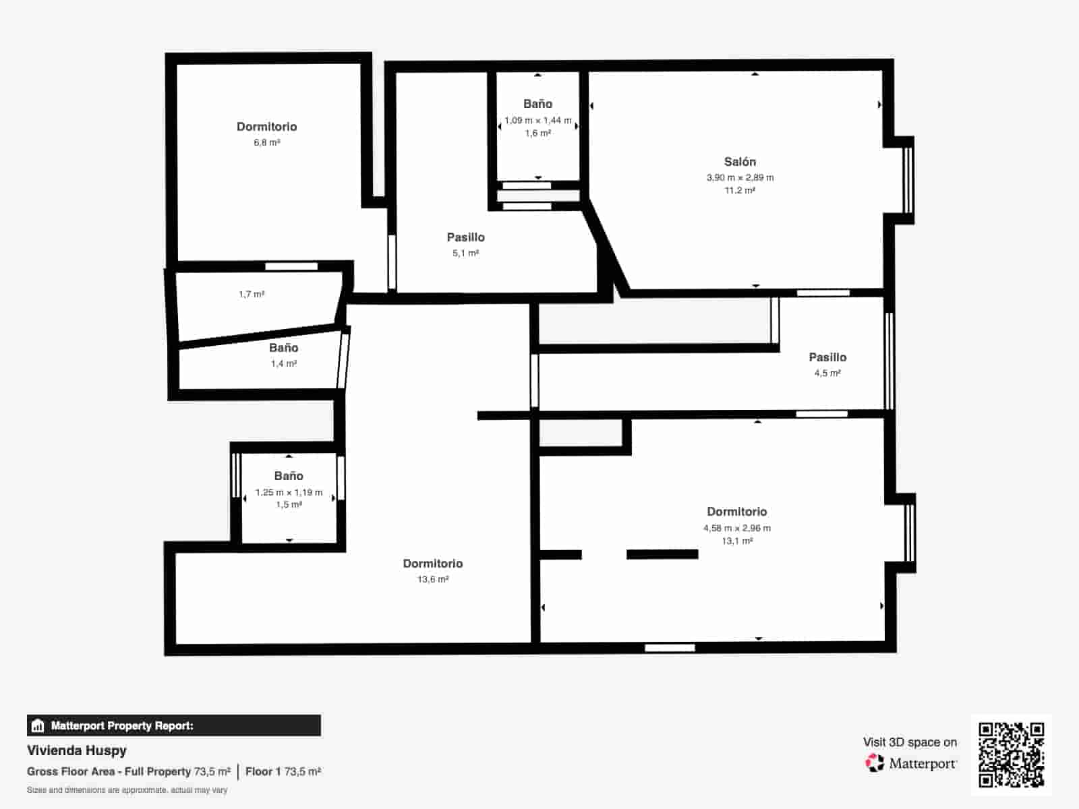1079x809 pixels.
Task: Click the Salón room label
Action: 740,162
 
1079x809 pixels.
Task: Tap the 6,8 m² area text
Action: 266,143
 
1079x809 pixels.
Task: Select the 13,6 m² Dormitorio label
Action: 432,564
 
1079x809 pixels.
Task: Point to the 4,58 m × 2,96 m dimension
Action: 736,529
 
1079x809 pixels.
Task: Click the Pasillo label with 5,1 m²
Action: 465,237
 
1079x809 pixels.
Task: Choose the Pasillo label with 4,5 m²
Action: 827,357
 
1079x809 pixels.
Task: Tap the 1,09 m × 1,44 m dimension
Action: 537,121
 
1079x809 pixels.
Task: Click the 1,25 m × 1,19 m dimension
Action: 289,493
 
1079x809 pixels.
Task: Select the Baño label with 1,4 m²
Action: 283,348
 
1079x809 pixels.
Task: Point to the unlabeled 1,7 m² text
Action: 252,295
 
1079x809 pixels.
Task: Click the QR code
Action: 1011,754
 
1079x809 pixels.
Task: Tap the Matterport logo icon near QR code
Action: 875,763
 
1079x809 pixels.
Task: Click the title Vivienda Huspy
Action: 77,750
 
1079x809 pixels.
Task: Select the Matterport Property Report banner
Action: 174,725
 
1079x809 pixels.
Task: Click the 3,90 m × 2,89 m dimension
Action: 740,178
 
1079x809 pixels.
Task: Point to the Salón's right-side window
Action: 908,180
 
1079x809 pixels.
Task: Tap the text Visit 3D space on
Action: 910,742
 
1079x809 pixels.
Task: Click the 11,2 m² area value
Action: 740,191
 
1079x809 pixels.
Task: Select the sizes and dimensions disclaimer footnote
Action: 127,790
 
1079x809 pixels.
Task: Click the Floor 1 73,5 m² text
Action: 283,771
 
